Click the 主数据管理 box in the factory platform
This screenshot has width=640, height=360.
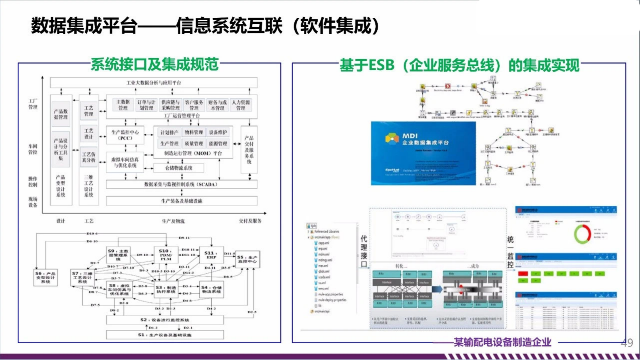point(122,105)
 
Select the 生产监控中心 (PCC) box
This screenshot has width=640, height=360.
point(125,135)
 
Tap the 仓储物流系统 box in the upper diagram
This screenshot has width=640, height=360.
point(179,168)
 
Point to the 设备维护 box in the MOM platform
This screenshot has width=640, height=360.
point(218,132)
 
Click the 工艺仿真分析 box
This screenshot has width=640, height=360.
point(89,157)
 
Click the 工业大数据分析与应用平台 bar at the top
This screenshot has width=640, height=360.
point(153,82)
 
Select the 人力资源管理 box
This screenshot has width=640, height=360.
point(241,105)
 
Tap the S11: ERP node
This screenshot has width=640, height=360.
point(211,256)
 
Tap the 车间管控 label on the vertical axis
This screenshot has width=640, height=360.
point(33,149)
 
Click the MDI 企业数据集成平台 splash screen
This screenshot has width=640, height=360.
point(423,153)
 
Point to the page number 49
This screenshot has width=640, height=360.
point(627,343)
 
